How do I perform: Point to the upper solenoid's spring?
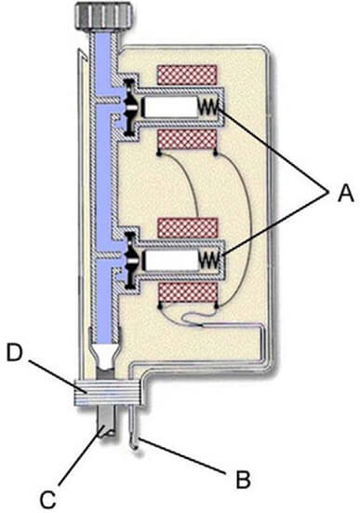click(x=211, y=109)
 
